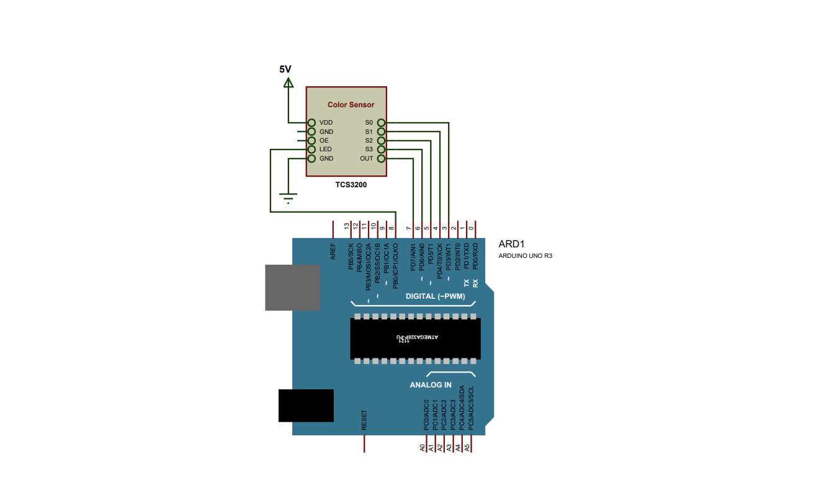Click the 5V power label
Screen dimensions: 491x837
click(x=285, y=69)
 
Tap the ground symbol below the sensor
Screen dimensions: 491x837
click(x=288, y=199)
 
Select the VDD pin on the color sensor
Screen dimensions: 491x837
click(x=326, y=123)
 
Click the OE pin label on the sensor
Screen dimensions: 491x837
click(x=323, y=141)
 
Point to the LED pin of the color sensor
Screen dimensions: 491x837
click(x=325, y=149)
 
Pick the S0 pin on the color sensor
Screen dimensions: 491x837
click(x=369, y=123)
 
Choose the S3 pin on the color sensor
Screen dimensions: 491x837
click(x=369, y=149)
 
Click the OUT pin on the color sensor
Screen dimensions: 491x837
click(x=367, y=158)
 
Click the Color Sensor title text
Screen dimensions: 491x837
click(x=351, y=105)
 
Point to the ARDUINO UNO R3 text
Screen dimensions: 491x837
click(x=526, y=255)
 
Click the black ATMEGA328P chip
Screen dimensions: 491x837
click(x=415, y=338)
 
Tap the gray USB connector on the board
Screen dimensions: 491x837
click(x=292, y=288)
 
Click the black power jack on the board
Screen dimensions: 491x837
click(x=306, y=405)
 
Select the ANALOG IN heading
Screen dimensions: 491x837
click(x=431, y=385)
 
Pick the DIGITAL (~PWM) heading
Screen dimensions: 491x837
click(x=435, y=296)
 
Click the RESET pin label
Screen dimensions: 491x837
click(x=364, y=420)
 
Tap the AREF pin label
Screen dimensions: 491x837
click(x=333, y=251)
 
